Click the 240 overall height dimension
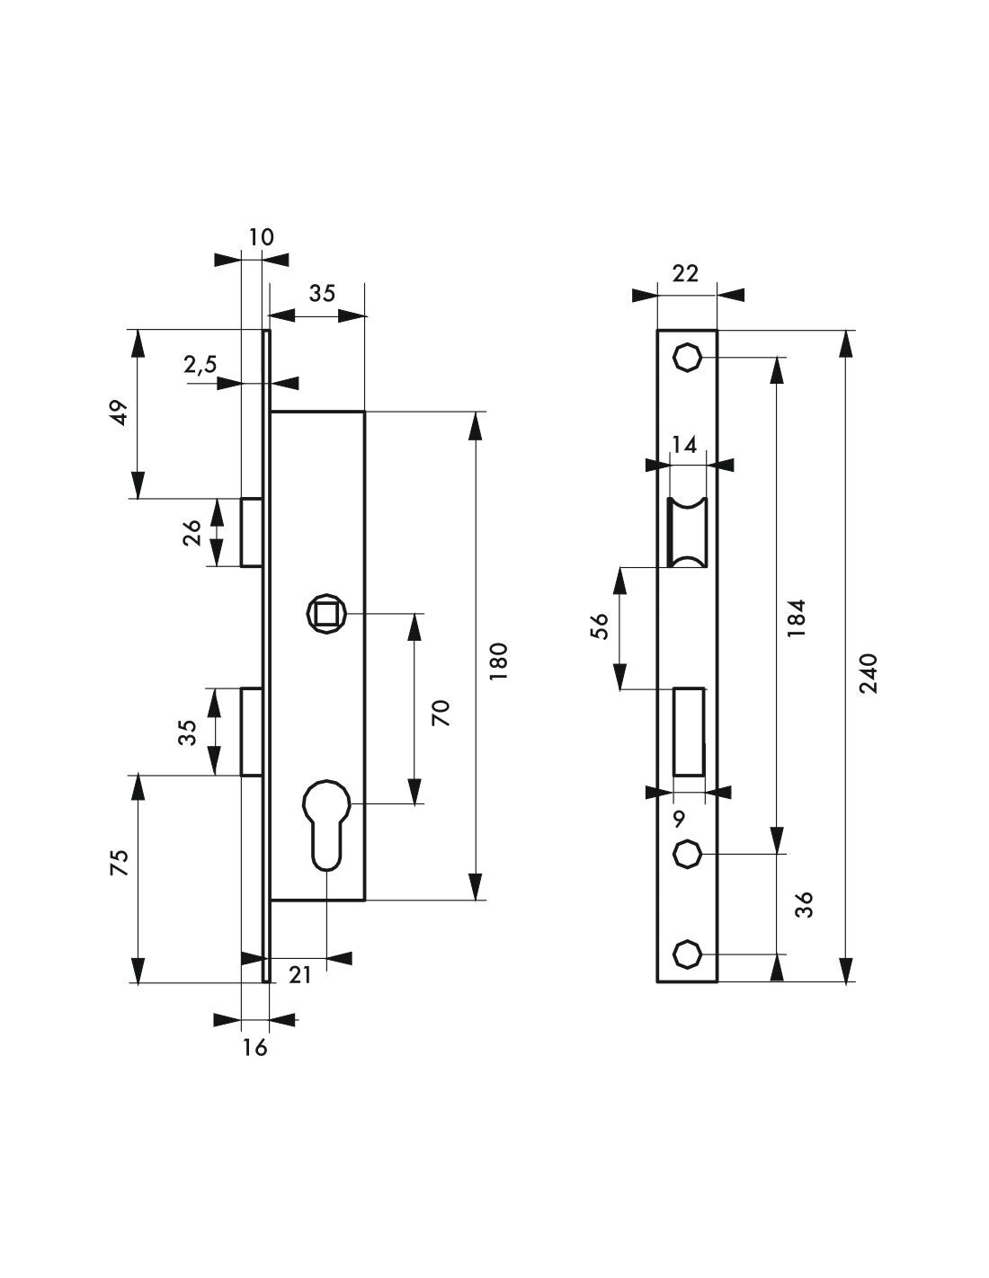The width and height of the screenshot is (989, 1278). (869, 672)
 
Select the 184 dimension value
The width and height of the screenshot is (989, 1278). (797, 618)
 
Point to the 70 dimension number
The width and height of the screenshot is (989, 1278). (440, 713)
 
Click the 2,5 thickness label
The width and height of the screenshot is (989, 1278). (200, 364)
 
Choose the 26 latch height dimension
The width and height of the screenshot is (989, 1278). (192, 533)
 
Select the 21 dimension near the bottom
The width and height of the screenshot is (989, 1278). (299, 974)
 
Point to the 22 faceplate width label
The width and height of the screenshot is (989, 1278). (685, 274)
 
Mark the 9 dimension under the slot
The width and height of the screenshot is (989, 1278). (679, 818)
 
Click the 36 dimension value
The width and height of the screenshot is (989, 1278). (805, 904)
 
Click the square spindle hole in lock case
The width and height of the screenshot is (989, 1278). (324, 614)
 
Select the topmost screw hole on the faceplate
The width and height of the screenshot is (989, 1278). (687, 358)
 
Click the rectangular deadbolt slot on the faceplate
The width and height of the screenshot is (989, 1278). (689, 730)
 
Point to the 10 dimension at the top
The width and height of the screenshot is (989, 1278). (261, 236)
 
